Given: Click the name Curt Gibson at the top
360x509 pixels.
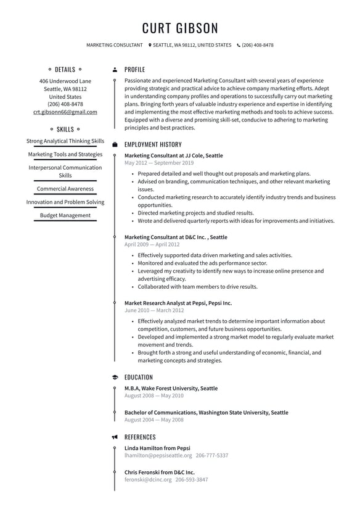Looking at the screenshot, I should coord(180,28).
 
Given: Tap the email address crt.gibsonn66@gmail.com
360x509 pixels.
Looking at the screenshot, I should coord(65,112).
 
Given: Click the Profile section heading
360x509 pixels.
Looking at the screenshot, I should coord(134,70).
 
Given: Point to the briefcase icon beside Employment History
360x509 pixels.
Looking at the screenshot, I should coord(115,144).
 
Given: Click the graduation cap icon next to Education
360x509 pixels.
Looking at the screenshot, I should coord(115,377).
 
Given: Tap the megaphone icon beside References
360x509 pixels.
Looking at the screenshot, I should coord(115,437).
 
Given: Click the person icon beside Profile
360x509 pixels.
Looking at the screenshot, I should coord(115,70).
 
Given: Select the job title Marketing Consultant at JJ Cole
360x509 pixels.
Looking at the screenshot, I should coord(173,155).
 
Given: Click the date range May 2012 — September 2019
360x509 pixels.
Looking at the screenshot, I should coord(158,163).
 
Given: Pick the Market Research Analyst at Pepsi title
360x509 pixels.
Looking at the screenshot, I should coord(178,303).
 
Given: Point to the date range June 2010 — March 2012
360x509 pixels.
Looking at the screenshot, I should coord(153,311).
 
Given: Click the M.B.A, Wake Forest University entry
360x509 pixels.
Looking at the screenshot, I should coord(171,388).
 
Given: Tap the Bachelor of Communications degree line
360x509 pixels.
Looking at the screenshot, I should coord(206,412).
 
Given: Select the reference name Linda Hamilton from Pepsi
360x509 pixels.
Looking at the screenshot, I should coord(157,448).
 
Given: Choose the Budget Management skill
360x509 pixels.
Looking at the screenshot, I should coord(65,215).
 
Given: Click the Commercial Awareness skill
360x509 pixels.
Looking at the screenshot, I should coord(65,189).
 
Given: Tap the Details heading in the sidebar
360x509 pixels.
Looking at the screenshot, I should coord(65,70).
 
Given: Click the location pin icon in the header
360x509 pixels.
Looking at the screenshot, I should coord(150,45).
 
